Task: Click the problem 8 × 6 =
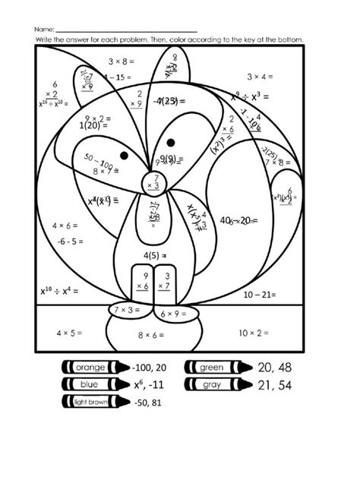click(x=152, y=335)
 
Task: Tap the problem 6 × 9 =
click(x=175, y=314)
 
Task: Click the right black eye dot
click(x=171, y=142)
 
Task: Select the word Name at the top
click(x=45, y=27)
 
